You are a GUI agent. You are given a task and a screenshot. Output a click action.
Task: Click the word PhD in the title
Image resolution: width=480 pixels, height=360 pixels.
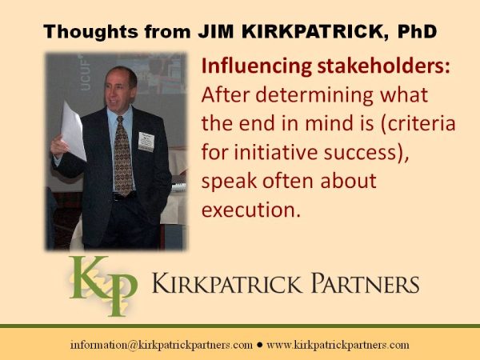click(x=417, y=31)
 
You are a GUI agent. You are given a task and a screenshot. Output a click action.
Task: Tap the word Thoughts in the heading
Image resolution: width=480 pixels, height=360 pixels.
click(x=90, y=31)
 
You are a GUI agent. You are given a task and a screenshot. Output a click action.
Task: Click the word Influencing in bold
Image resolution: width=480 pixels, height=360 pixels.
click(x=257, y=66)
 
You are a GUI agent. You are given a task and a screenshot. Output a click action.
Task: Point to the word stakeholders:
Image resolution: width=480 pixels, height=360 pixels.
click(x=384, y=66)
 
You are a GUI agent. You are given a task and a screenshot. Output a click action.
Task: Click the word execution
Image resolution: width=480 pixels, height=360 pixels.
click(x=251, y=210)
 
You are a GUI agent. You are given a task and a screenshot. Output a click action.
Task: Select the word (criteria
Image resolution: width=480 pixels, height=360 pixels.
click(x=418, y=124)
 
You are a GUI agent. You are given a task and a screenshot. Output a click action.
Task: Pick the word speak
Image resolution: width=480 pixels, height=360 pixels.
click(x=229, y=182)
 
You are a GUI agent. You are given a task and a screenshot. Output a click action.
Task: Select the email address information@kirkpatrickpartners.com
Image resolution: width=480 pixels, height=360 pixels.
click(x=162, y=345)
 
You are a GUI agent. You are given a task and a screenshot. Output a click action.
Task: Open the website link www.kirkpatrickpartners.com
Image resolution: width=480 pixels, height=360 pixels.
click(x=338, y=345)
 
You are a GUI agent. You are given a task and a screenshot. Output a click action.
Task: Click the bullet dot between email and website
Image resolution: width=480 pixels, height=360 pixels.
click(x=260, y=345)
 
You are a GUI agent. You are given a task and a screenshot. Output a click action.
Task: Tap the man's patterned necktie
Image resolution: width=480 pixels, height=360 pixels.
click(x=123, y=156)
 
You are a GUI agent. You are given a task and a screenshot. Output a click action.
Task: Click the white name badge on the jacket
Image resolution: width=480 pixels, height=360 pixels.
click(x=146, y=142)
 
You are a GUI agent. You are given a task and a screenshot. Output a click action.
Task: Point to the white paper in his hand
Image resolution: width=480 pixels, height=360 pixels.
click(x=74, y=131)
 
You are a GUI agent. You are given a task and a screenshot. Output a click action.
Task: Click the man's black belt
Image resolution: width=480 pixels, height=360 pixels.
click(x=124, y=196)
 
